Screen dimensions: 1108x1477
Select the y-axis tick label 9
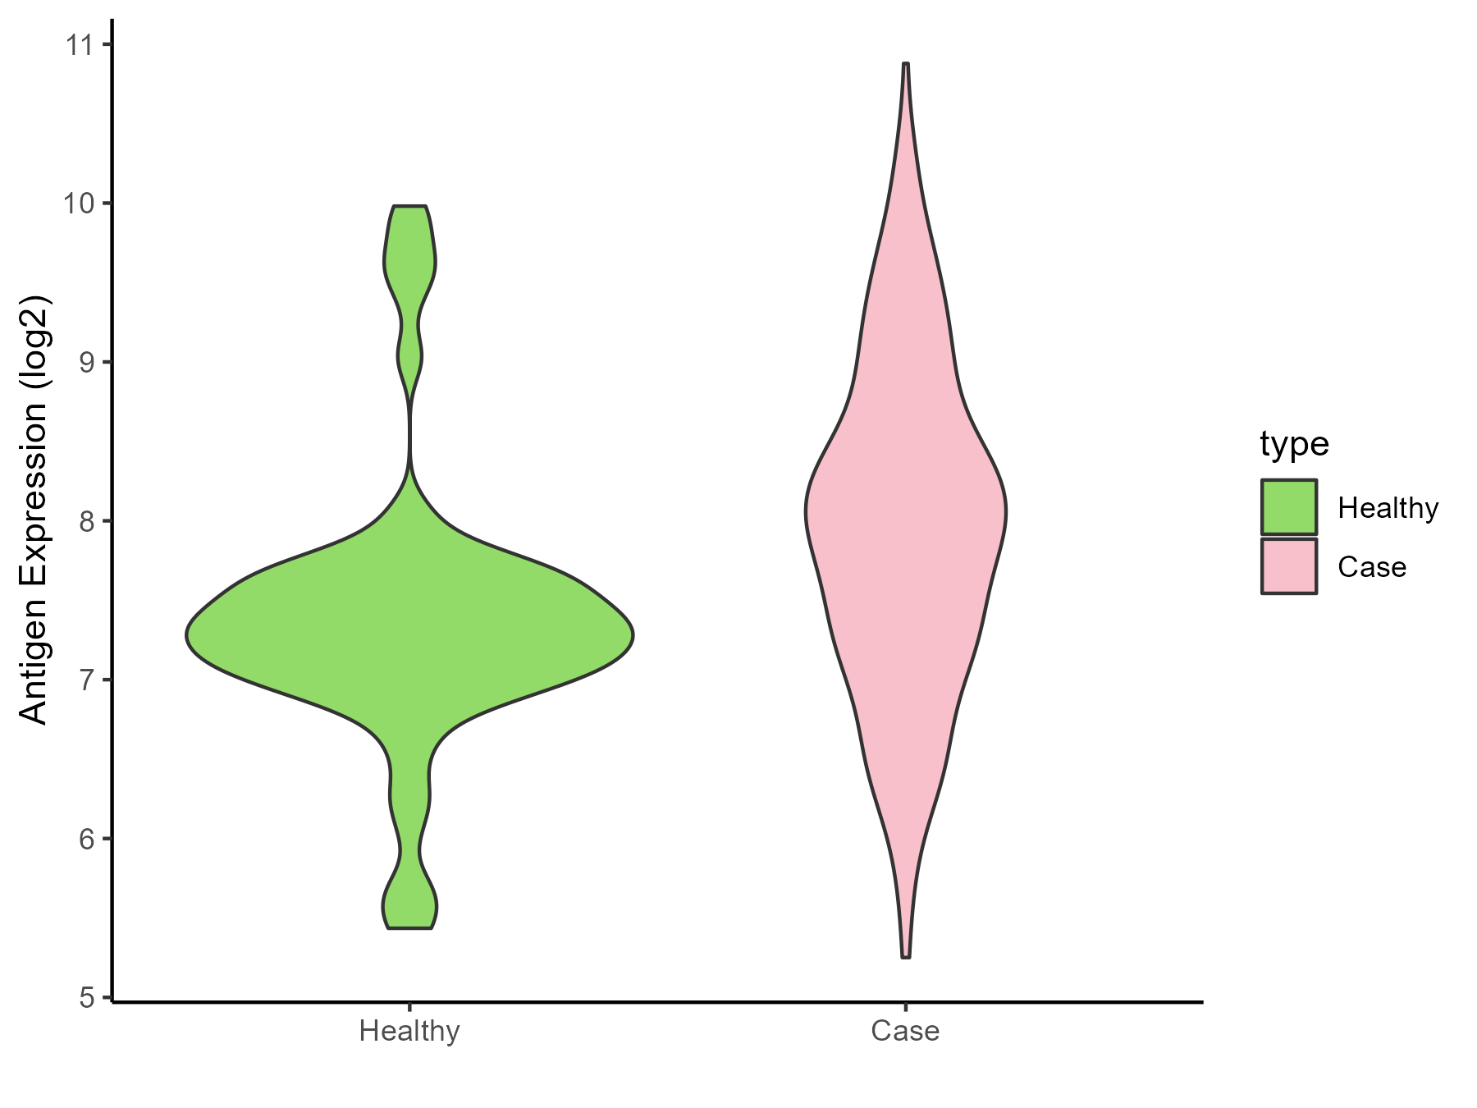[x=86, y=362]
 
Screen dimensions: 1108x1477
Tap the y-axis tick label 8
[x=86, y=521]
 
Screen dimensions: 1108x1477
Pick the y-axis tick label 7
[x=86, y=680]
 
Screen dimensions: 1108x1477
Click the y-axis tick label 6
[x=86, y=839]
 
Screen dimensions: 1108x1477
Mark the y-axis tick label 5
[x=86, y=998]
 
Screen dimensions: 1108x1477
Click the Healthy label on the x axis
[x=409, y=1031]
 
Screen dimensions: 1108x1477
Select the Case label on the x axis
[x=905, y=1031]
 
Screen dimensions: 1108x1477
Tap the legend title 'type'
[x=1294, y=444]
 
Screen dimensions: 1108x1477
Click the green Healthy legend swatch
[x=1289, y=507]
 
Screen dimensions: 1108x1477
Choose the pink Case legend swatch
[x=1289, y=566]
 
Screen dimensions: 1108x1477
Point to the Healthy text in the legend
[x=1388, y=508]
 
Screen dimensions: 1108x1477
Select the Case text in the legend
[x=1372, y=567]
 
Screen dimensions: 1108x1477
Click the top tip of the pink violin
[x=905, y=64]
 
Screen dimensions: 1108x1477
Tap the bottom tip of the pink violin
[x=905, y=956]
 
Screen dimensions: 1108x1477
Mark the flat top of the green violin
[x=409, y=207]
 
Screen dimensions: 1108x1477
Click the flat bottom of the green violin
[x=409, y=927]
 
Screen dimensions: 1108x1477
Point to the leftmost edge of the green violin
[x=188, y=634]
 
